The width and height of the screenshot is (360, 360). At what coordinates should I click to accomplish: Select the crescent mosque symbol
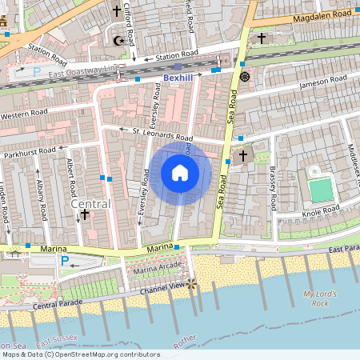[x=121, y=40]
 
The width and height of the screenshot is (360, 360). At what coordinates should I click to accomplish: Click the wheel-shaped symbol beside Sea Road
[x=244, y=77]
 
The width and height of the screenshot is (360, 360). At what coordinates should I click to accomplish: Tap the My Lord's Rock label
[x=316, y=299]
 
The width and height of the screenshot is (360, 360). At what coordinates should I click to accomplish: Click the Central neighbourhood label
[x=90, y=204]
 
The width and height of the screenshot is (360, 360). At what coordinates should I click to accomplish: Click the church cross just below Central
[x=85, y=215]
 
